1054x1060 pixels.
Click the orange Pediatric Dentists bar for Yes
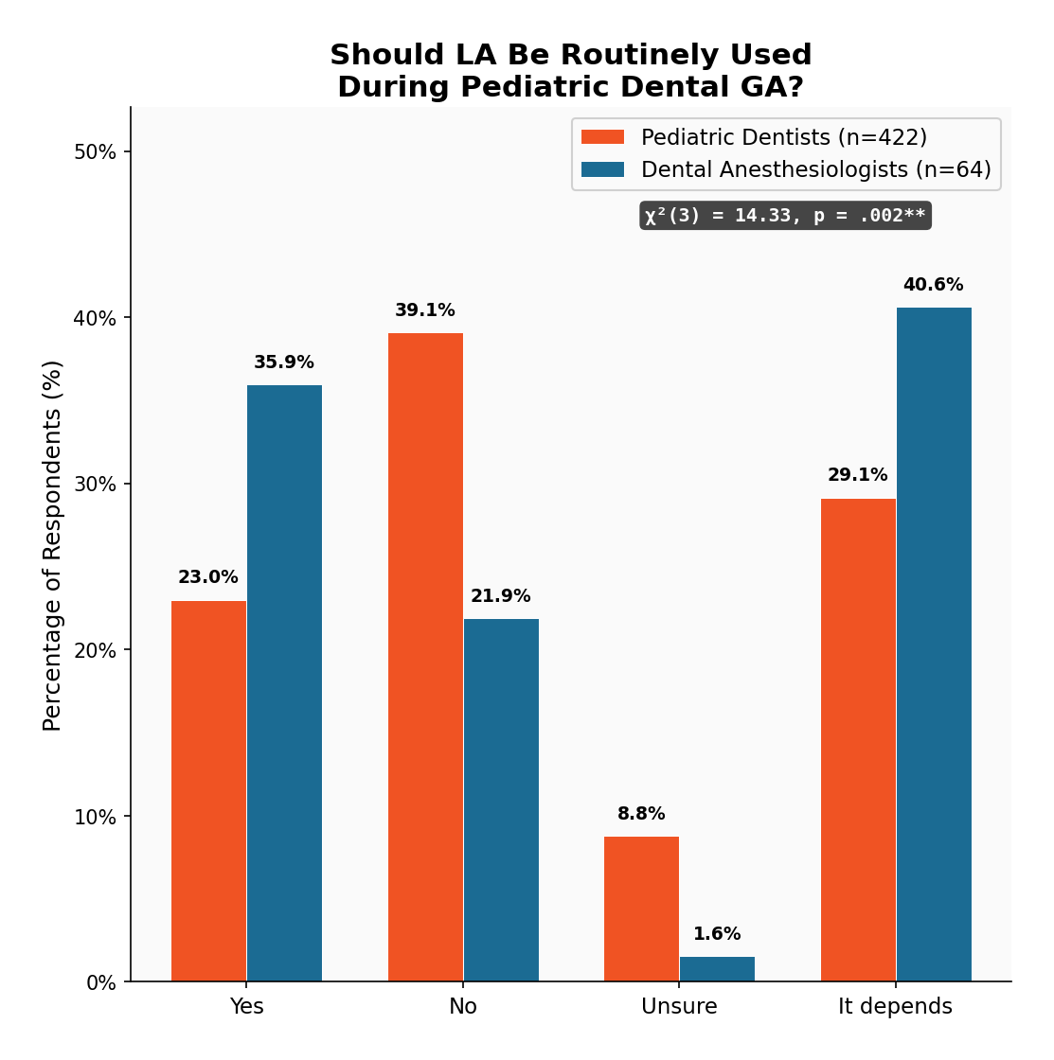coord(208,791)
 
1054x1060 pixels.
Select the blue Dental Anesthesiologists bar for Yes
coord(284,683)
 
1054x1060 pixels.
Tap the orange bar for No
coord(425,657)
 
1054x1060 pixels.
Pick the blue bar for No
coord(501,800)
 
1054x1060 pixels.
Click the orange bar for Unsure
coord(641,909)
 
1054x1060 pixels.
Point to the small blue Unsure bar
coord(717,969)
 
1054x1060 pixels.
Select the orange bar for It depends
coord(858,740)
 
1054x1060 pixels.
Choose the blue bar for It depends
coord(934,645)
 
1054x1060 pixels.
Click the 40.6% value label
coord(933,285)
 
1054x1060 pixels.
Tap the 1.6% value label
coord(717,934)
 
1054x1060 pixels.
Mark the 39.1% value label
coord(425,310)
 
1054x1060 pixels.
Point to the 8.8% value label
coord(641,814)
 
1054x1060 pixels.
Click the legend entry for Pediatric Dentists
coord(754,137)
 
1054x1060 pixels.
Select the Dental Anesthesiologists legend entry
coord(786,169)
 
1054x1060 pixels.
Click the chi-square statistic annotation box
coord(785,216)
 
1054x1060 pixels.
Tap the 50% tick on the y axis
coord(95,152)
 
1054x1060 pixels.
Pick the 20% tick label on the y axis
coord(95,650)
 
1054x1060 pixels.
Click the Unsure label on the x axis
coord(679,1007)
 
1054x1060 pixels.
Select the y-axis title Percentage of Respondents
coord(53,545)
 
